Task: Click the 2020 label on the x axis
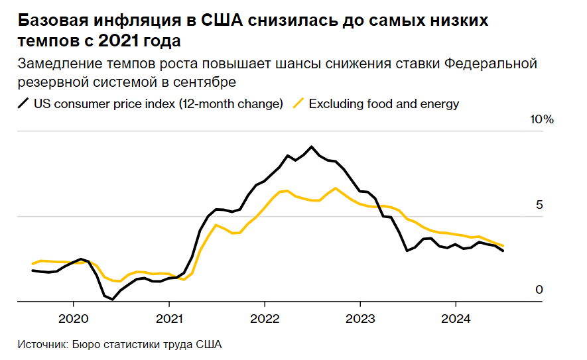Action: [x=73, y=318]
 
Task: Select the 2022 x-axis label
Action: [x=264, y=318]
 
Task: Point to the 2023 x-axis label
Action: [x=359, y=318]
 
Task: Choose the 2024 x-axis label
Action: [x=455, y=318]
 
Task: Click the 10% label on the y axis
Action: [x=541, y=120]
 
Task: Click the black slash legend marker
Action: [x=24, y=103]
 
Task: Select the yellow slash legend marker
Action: [x=299, y=103]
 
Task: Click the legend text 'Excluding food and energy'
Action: [x=384, y=103]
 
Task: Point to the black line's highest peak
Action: [x=311, y=147]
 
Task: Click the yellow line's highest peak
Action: [x=336, y=188]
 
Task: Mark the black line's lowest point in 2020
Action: [x=113, y=300]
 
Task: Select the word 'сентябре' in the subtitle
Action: [x=208, y=82]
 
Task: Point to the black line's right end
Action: [x=503, y=251]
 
